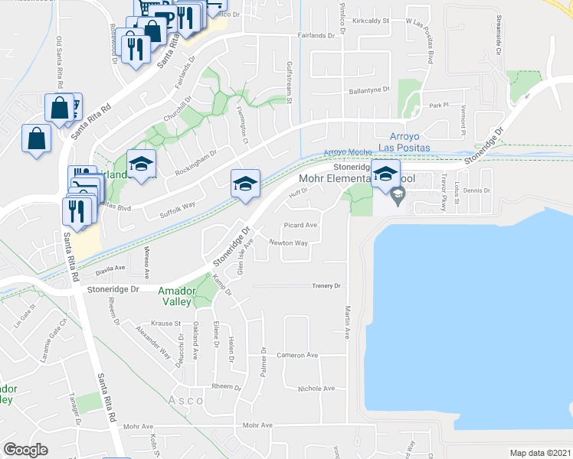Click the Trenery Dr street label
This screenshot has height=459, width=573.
[326, 285]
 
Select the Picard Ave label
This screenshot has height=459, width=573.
[300, 226]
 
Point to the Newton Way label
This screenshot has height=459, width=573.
[288, 243]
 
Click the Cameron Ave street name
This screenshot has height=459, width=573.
[297, 355]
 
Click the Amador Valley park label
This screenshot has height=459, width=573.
[181, 296]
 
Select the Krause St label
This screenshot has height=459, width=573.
[165, 324]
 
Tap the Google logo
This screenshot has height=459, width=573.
[25, 449]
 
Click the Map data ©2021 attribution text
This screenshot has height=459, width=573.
[539, 453]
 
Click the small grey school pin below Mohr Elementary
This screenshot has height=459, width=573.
[398, 197]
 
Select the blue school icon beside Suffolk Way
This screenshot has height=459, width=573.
[245, 184]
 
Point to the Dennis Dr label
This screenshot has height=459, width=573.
[476, 190]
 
